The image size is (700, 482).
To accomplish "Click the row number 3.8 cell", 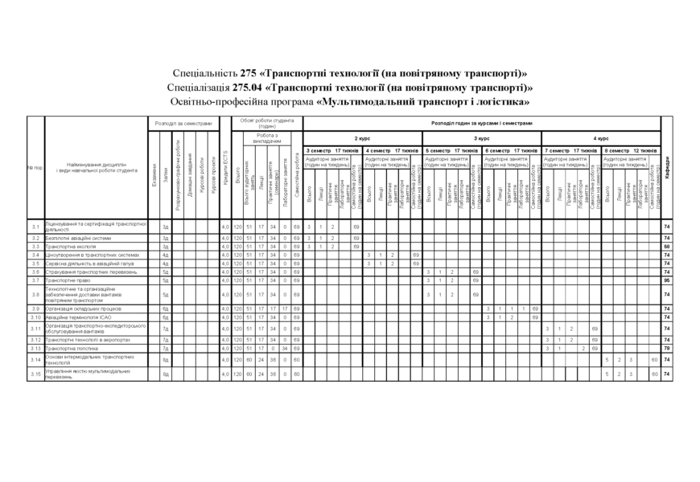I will pos(35,295).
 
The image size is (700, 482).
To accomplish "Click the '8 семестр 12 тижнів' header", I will pos(631,150).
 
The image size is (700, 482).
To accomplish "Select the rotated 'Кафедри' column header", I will pos(667,169).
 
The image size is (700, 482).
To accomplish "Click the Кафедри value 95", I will pos(667,280).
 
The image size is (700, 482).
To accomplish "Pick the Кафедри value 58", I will pos(667,247).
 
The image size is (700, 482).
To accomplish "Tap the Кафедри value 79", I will pos(667,349).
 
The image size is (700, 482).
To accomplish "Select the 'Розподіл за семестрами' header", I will pos(183,124).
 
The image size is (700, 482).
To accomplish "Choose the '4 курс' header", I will pos(601,139).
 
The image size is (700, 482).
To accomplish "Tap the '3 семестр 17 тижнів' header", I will pos(332,150).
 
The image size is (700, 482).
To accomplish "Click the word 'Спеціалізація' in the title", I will pos(199,88).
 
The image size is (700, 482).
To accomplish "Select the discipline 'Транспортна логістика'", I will pos(72,349).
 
